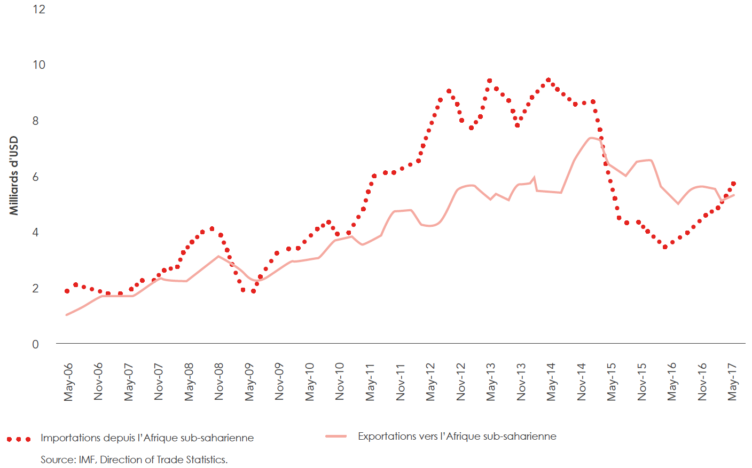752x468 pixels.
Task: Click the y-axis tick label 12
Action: (x=39, y=9)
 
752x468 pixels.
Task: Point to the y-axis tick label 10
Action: (x=39, y=65)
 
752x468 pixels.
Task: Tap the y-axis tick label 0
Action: (x=36, y=344)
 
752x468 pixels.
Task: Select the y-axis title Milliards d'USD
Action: (x=14, y=176)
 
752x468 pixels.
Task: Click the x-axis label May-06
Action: (x=68, y=382)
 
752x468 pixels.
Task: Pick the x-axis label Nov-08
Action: (x=219, y=382)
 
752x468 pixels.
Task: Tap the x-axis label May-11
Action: (x=370, y=382)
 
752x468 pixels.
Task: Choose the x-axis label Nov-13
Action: (x=521, y=382)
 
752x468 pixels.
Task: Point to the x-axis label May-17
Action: (x=733, y=382)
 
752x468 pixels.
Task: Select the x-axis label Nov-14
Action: (x=582, y=382)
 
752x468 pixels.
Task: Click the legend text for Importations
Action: (x=147, y=438)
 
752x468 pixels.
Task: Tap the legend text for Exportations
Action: (x=457, y=437)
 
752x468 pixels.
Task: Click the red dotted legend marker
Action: (x=19, y=439)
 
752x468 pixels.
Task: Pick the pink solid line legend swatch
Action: (x=336, y=437)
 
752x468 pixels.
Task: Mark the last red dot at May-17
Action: (x=733, y=184)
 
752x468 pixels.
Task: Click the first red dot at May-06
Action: (x=67, y=291)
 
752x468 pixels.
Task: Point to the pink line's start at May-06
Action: (x=67, y=315)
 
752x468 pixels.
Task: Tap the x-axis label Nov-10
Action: (x=340, y=382)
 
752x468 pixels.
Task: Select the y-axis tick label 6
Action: (x=36, y=177)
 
